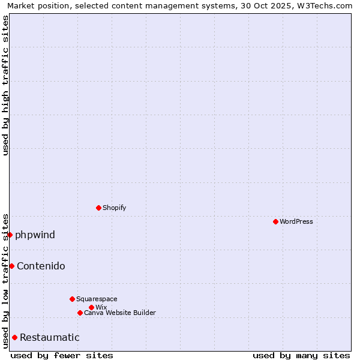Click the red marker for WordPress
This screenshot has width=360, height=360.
click(x=275, y=221)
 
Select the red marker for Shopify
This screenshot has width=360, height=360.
click(x=98, y=208)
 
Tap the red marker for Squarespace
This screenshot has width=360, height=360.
click(x=72, y=299)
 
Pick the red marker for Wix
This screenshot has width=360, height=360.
click(x=91, y=307)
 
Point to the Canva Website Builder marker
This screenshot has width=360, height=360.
click(x=80, y=313)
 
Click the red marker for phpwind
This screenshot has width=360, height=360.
click(x=10, y=235)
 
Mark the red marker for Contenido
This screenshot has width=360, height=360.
click(x=11, y=266)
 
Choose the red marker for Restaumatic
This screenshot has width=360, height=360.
click(x=14, y=337)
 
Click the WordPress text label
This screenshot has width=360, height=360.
click(x=296, y=221)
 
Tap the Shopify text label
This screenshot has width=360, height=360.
click(x=115, y=208)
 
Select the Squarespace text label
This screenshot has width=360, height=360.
click(x=97, y=299)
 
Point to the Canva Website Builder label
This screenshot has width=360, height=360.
click(x=120, y=313)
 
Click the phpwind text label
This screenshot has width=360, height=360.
click(x=35, y=235)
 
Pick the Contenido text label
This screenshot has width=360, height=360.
click(x=41, y=266)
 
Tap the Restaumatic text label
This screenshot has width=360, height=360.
click(x=49, y=337)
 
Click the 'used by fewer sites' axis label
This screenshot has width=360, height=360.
click(x=62, y=355)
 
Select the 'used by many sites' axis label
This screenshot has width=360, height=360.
click(x=301, y=355)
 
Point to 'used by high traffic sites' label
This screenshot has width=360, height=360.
click(x=5, y=85)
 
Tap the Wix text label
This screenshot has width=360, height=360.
click(x=101, y=307)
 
